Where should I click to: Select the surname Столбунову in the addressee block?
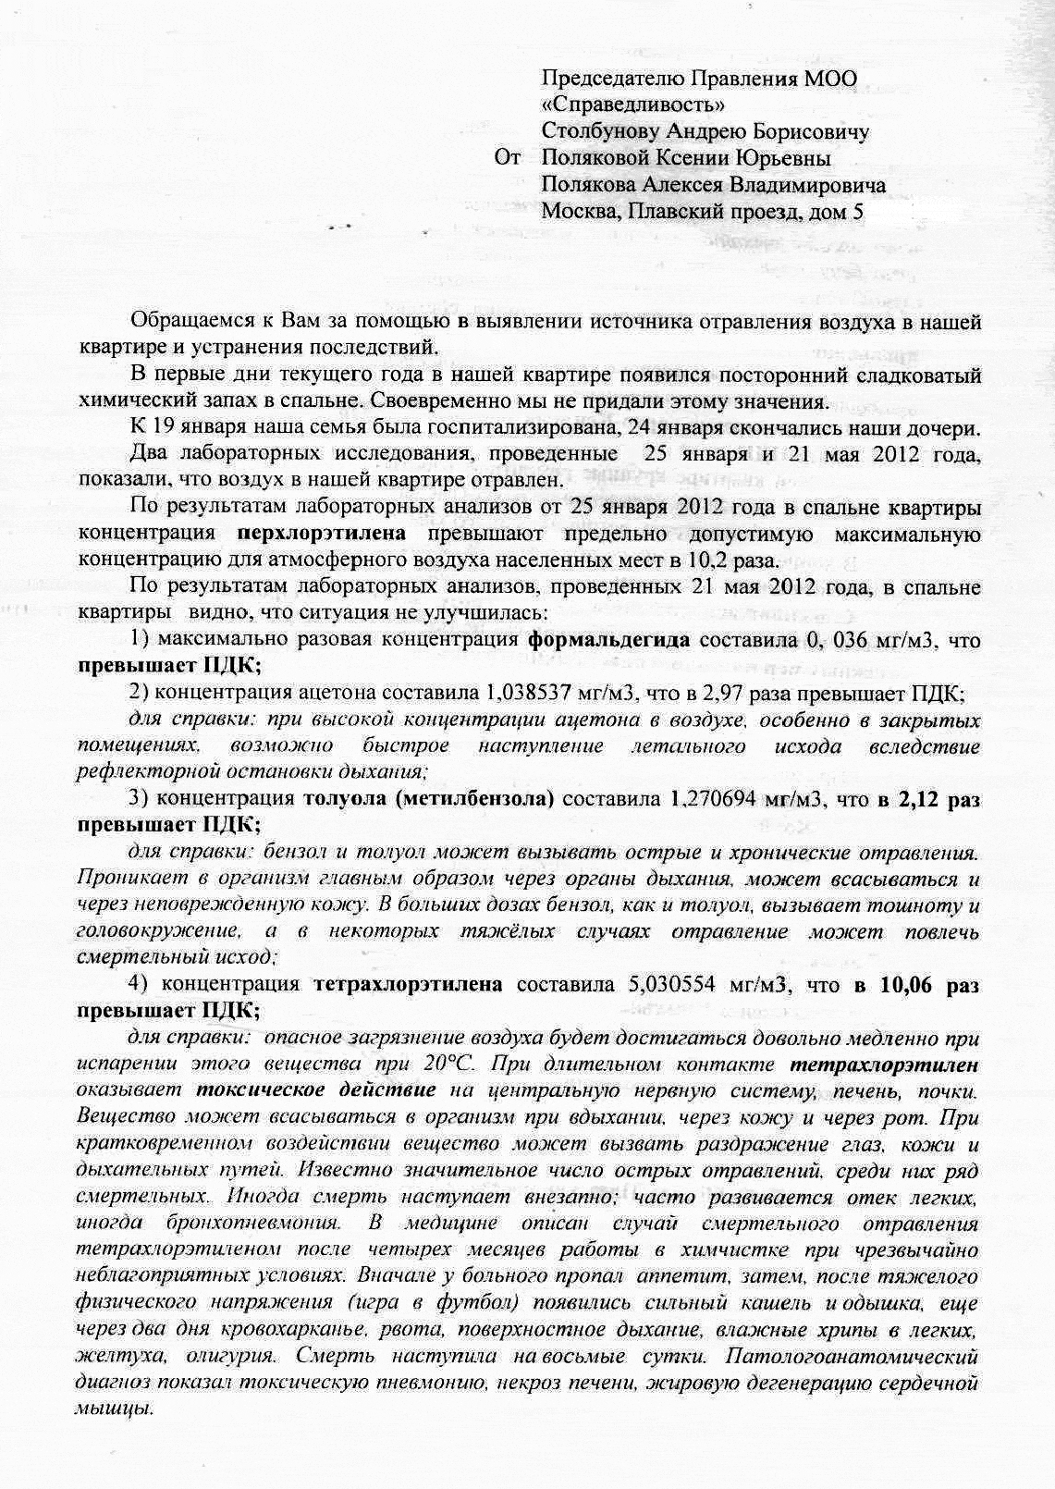point(598,132)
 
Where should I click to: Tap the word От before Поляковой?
point(509,159)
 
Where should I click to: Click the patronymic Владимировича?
point(808,185)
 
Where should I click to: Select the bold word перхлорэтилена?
point(321,534)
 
